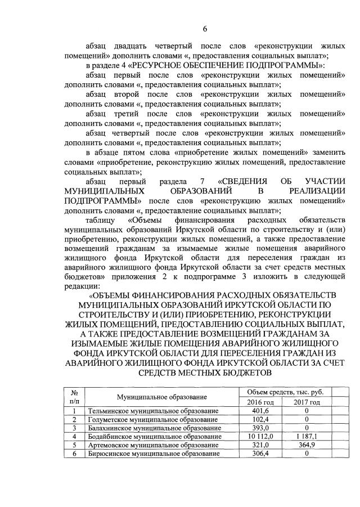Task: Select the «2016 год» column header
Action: click(260, 402)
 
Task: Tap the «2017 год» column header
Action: click(307, 402)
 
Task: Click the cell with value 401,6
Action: click(260, 411)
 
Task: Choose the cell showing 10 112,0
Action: click(260, 436)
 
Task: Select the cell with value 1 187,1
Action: click(307, 436)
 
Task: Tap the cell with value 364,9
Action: click(307, 445)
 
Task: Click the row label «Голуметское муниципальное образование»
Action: click(152, 420)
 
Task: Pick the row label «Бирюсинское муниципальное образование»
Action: click(154, 453)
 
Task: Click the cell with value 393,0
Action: click(260, 428)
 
